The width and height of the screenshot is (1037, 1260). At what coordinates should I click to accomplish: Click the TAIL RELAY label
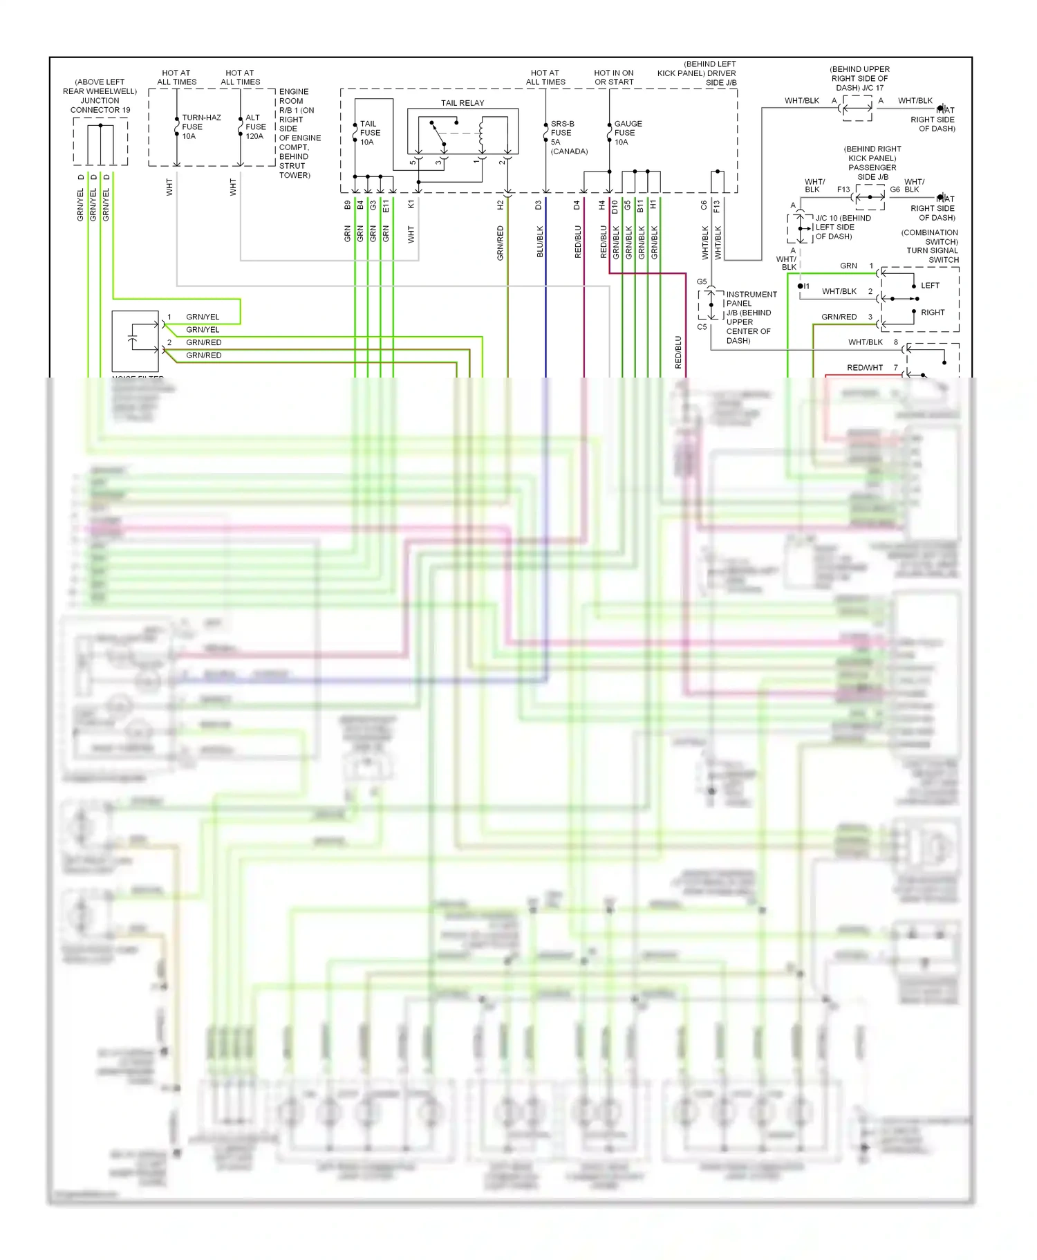point(463,103)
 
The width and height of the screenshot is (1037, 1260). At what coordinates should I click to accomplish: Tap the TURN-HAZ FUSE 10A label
point(200,127)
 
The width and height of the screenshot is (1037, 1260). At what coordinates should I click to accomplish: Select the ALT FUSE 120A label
point(255,127)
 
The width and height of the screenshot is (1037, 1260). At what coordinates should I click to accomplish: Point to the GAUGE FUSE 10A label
point(627,133)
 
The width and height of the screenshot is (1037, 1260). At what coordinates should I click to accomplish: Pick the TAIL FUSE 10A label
point(369,133)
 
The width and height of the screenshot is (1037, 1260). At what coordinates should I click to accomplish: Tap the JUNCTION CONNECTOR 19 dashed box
point(101,142)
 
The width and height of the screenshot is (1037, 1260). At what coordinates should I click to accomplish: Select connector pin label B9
point(347,205)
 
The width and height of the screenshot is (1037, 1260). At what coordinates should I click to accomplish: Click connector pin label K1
point(411,205)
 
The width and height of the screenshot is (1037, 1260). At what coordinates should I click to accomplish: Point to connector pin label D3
point(538,205)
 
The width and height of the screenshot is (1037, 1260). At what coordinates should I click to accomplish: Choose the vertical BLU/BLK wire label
point(540,241)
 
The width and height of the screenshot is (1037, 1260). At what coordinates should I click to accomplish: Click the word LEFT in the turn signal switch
point(930,286)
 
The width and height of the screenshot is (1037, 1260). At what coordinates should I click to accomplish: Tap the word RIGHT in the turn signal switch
point(932,313)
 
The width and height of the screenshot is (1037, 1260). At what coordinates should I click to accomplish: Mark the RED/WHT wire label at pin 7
point(864,368)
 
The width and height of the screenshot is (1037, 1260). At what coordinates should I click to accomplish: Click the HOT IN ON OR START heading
point(613,77)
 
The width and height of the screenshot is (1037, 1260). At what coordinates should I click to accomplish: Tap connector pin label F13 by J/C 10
point(843,189)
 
